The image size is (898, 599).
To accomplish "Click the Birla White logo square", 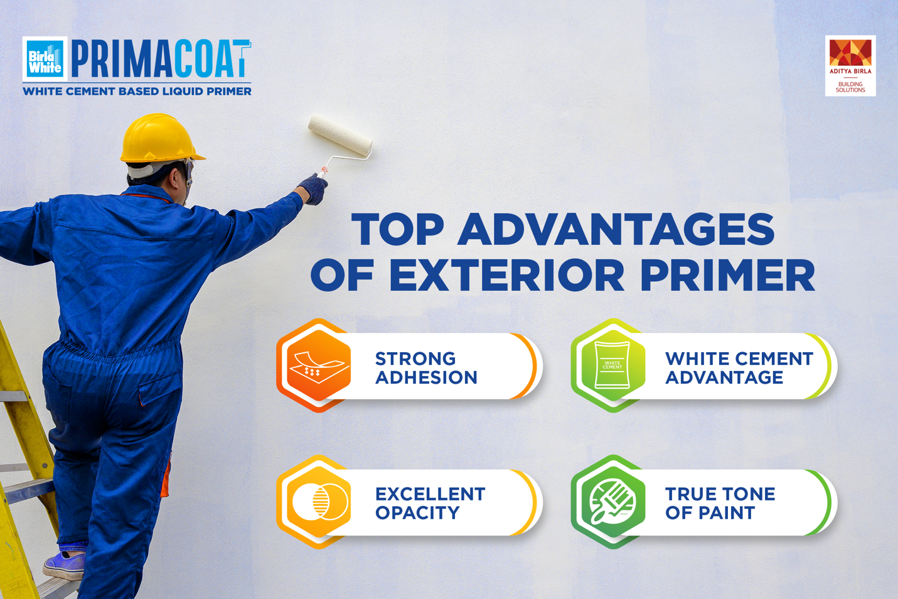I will [45, 59].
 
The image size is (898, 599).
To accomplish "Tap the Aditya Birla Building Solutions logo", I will [850, 65].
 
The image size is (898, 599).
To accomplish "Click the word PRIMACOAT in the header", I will [161, 60].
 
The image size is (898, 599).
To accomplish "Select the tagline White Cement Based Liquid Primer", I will [137, 92].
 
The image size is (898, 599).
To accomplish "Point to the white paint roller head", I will [340, 136].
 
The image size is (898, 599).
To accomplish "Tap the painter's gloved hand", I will [313, 188].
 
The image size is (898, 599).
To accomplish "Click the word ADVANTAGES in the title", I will [616, 230].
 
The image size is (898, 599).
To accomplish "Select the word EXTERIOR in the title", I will [507, 275].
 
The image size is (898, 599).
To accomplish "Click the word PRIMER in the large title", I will [727, 275].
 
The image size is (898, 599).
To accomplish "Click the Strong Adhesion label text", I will [426, 368].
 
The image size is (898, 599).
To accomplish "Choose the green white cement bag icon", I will [612, 365].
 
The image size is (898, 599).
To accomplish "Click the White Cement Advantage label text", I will [739, 368].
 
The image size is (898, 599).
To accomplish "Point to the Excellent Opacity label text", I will [430, 504].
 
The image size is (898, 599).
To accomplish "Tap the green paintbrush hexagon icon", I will [612, 502].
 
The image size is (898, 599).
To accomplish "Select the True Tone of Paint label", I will [720, 504].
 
